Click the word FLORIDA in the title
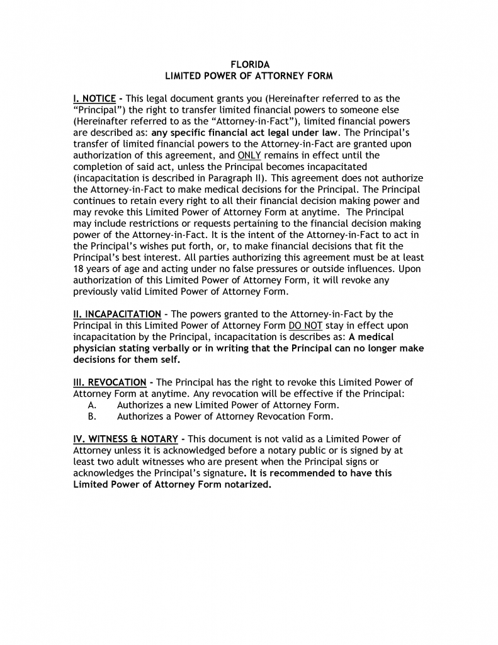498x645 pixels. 249,65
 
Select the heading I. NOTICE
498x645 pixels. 94,98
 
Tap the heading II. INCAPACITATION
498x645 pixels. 117,314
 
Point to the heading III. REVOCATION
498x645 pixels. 110,382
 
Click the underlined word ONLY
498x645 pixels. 249,155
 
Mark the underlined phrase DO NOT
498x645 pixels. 305,325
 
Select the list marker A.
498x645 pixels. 92,405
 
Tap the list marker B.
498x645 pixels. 92,416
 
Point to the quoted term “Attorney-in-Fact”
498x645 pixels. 208,121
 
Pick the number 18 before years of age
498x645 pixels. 79,268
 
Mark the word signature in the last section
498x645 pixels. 219,473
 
